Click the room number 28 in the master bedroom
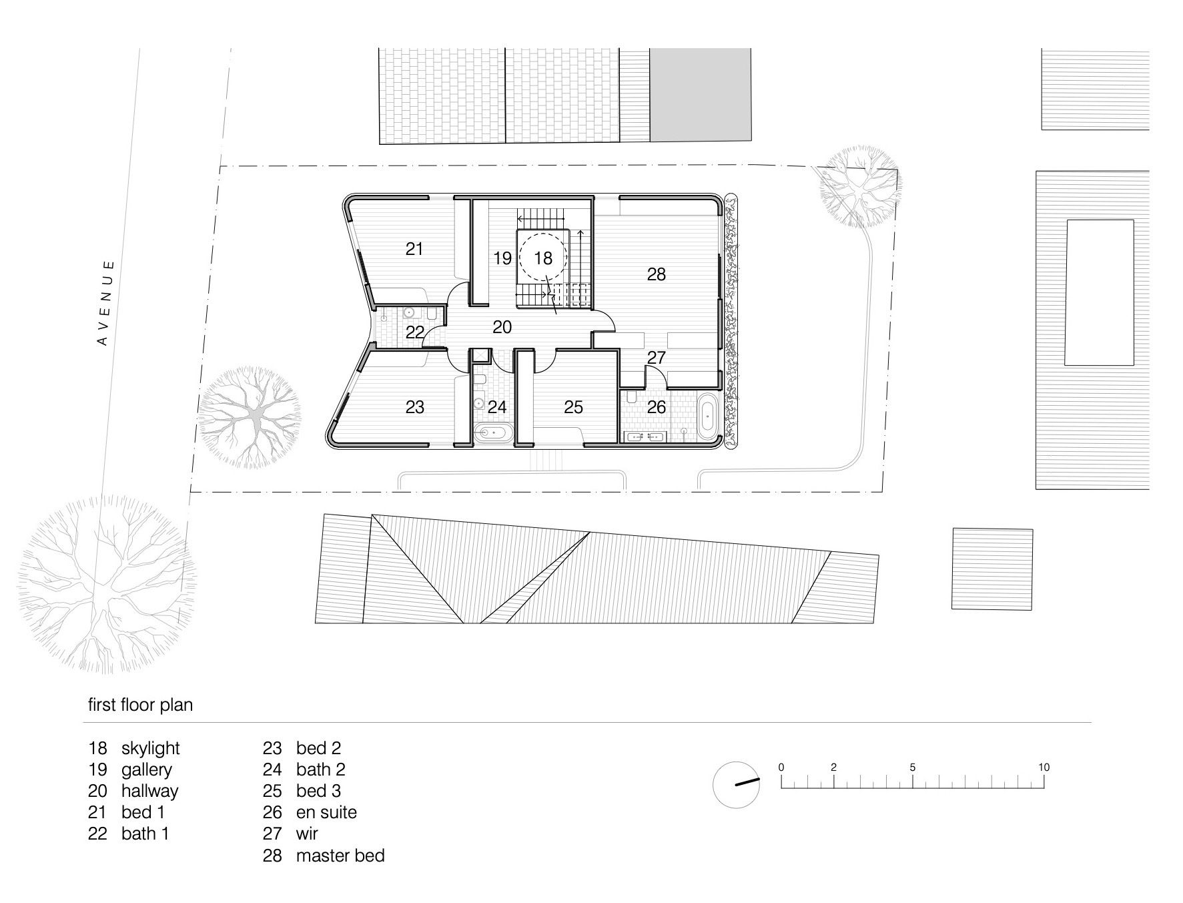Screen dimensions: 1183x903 coord(657,274)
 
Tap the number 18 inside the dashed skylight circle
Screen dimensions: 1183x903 coord(544,258)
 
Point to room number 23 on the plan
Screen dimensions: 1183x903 coord(415,406)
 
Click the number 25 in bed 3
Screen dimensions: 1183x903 coord(574,406)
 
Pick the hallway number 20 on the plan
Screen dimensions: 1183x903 coord(502,327)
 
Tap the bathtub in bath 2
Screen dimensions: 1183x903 coord(494,433)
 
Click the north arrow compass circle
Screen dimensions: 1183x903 coord(737,784)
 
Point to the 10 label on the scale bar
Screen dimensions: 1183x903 coord(1044,767)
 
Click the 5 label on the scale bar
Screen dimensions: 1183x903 coord(912,767)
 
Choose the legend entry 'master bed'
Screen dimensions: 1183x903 coord(340,855)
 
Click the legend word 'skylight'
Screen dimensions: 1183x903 coord(151,749)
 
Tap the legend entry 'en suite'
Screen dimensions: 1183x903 coord(326,812)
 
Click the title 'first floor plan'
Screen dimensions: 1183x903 coord(141,705)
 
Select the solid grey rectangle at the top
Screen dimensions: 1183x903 coord(700,95)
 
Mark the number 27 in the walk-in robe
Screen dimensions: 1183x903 coord(657,357)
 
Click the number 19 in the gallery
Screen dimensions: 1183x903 coord(502,258)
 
